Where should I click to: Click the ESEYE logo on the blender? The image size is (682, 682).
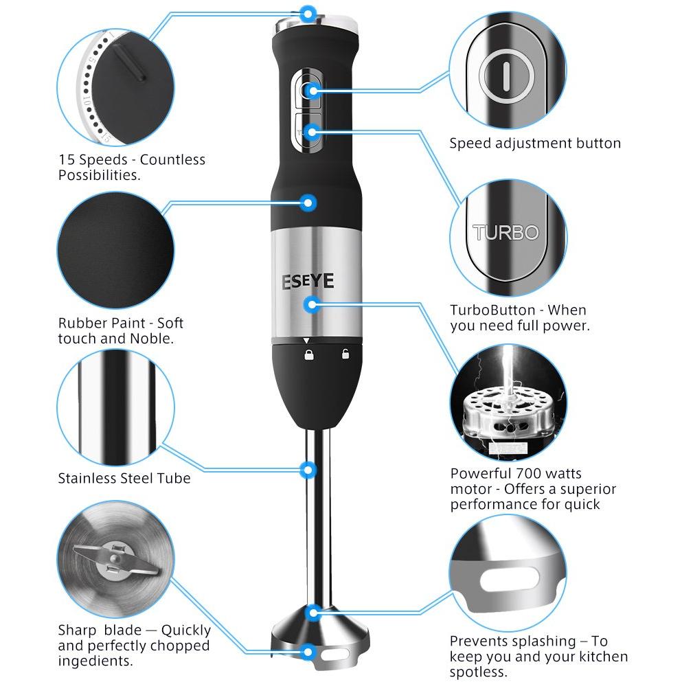(308, 281)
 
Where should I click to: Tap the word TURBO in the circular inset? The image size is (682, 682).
(506, 233)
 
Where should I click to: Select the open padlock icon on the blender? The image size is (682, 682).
(345, 354)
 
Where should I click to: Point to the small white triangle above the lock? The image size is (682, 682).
(306, 341)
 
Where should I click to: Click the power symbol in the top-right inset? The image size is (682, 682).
(506, 76)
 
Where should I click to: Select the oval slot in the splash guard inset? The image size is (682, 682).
(510, 579)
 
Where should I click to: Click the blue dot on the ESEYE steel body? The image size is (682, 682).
(311, 304)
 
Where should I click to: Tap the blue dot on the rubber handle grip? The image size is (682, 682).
(308, 203)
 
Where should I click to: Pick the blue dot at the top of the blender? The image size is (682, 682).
(308, 14)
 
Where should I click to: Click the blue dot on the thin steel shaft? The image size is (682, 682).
(308, 470)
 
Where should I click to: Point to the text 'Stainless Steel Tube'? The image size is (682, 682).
(124, 478)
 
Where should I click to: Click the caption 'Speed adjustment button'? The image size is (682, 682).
(535, 143)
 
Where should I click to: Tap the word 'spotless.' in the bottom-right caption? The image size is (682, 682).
(479, 672)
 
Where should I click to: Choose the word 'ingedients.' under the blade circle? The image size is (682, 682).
(95, 661)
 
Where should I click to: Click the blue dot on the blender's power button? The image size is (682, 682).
(311, 91)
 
